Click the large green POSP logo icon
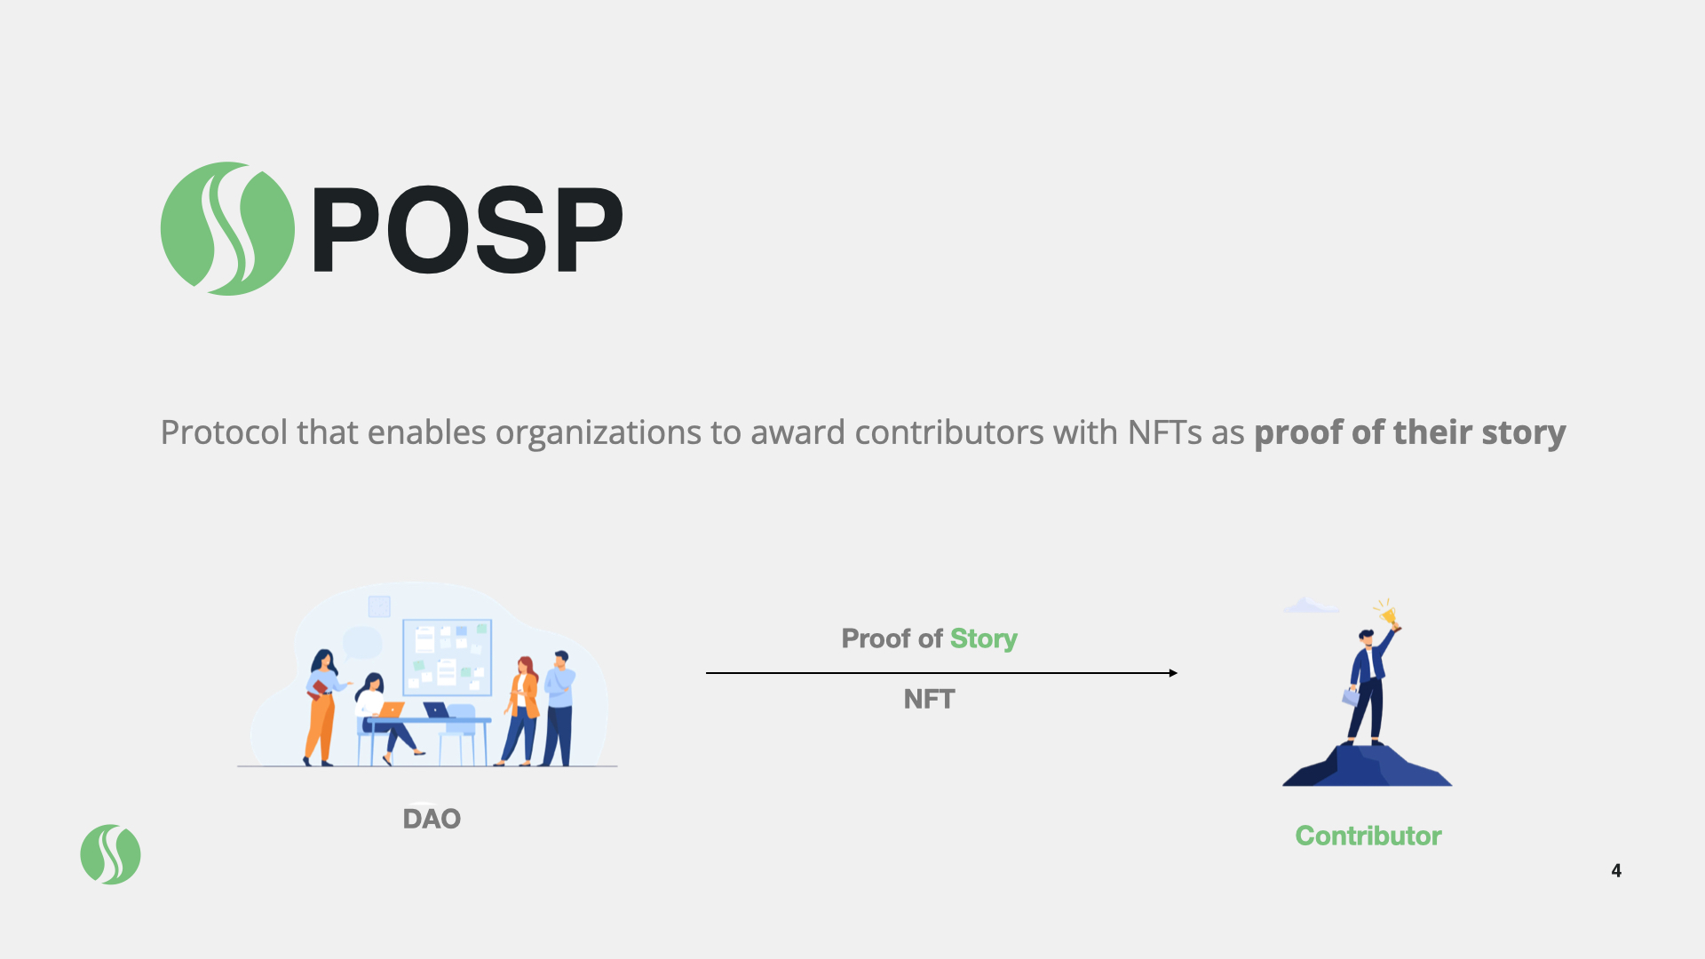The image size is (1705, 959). click(227, 228)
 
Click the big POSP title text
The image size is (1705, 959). click(467, 230)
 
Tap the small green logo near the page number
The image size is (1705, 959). click(110, 854)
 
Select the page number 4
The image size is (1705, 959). click(1616, 870)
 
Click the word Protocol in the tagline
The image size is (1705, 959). click(224, 433)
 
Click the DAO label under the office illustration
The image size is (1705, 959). click(432, 819)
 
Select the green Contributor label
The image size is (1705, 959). click(1368, 836)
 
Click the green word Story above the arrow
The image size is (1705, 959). click(983, 638)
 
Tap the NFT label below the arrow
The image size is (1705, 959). click(929, 699)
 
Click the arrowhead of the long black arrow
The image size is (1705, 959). click(1173, 673)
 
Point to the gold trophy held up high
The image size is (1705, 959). click(1388, 614)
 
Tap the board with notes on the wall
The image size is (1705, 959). click(447, 657)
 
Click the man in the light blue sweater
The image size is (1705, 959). click(559, 706)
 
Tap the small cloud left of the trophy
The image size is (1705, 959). click(1306, 606)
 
